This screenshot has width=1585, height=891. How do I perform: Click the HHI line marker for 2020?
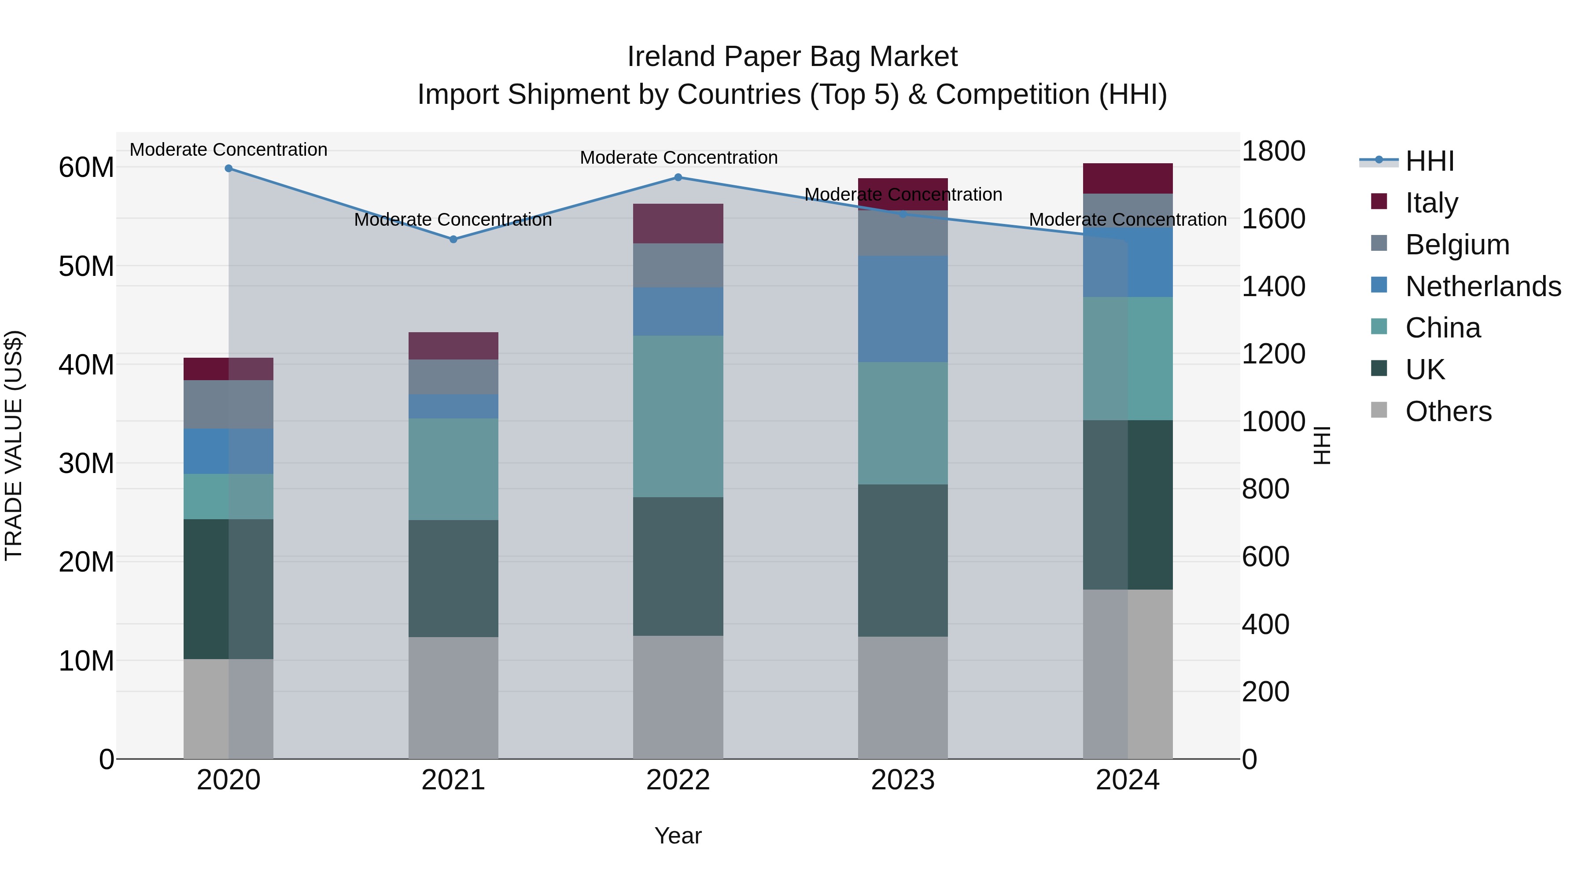click(x=228, y=169)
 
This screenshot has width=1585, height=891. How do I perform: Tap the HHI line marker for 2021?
click(x=453, y=239)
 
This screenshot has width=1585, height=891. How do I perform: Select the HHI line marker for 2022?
click(x=678, y=177)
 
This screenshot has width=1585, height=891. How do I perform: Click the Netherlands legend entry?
click(x=1483, y=286)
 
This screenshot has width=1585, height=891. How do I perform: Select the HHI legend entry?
click(x=1429, y=161)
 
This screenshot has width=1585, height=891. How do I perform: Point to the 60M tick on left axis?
click(x=86, y=167)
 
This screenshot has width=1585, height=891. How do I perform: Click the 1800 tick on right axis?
click(x=1273, y=151)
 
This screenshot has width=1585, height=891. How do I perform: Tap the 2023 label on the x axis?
click(x=903, y=780)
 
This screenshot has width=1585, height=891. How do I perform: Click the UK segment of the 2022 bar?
click(x=678, y=566)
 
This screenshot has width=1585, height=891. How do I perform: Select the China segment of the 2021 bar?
click(x=453, y=469)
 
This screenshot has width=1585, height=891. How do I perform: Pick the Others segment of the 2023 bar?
click(x=903, y=697)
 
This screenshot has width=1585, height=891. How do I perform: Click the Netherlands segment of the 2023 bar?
click(x=903, y=309)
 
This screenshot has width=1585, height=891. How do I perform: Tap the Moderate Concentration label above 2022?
click(x=678, y=158)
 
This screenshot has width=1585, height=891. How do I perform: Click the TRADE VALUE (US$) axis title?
click(x=14, y=445)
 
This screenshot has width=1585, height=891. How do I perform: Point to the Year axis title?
click(x=678, y=836)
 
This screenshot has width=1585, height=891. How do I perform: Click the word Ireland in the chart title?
click(x=671, y=57)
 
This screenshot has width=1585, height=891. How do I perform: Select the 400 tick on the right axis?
click(x=1265, y=624)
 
